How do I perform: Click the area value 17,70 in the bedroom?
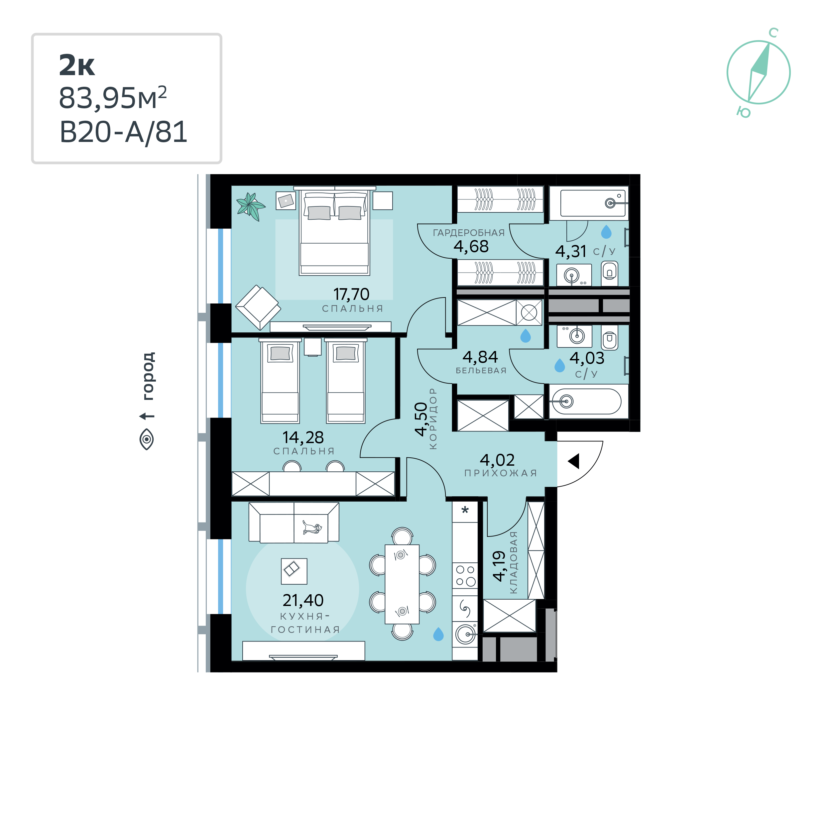351,295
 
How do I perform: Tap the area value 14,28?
303,437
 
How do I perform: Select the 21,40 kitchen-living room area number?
303,600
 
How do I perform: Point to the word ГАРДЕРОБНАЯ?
469,233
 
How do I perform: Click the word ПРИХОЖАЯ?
501,473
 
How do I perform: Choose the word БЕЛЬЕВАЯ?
481,370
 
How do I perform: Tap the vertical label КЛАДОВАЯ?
513,563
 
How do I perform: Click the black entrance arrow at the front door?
574,461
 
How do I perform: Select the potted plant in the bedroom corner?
250,206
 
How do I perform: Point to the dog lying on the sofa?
312,528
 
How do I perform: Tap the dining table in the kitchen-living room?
402,584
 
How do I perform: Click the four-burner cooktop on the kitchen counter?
465,575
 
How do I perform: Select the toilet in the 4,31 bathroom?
610,273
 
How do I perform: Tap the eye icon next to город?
147,439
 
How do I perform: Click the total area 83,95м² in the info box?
113,98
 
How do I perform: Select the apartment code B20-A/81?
123,132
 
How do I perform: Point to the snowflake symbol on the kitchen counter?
465,511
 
